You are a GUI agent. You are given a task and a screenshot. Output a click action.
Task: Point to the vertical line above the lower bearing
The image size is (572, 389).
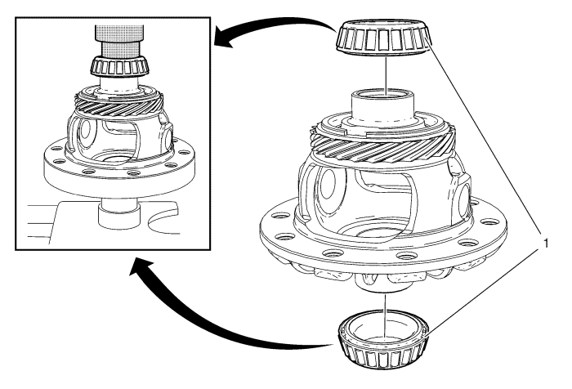point(382,311)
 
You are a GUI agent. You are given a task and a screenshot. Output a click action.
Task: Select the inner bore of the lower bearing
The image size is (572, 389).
point(382,333)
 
